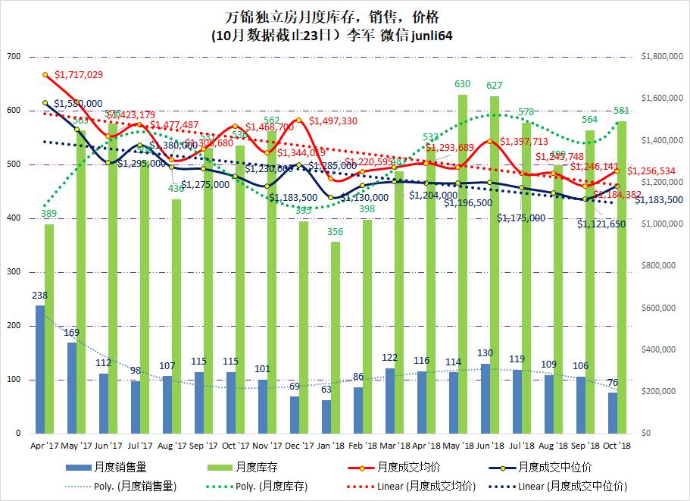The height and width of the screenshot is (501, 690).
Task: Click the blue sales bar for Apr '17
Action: point(39,369)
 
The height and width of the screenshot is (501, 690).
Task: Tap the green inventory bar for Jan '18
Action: point(335,337)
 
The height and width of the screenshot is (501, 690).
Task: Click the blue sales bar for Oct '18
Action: point(612,412)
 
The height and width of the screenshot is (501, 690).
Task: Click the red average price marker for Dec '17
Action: point(299,120)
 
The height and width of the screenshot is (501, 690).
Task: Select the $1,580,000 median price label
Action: point(78,104)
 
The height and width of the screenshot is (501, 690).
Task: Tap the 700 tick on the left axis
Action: point(13,57)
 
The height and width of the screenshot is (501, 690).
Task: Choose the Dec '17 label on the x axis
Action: point(299,445)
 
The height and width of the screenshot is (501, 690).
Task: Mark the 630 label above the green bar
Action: point(462,84)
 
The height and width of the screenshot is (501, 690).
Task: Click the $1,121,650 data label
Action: point(601,224)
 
